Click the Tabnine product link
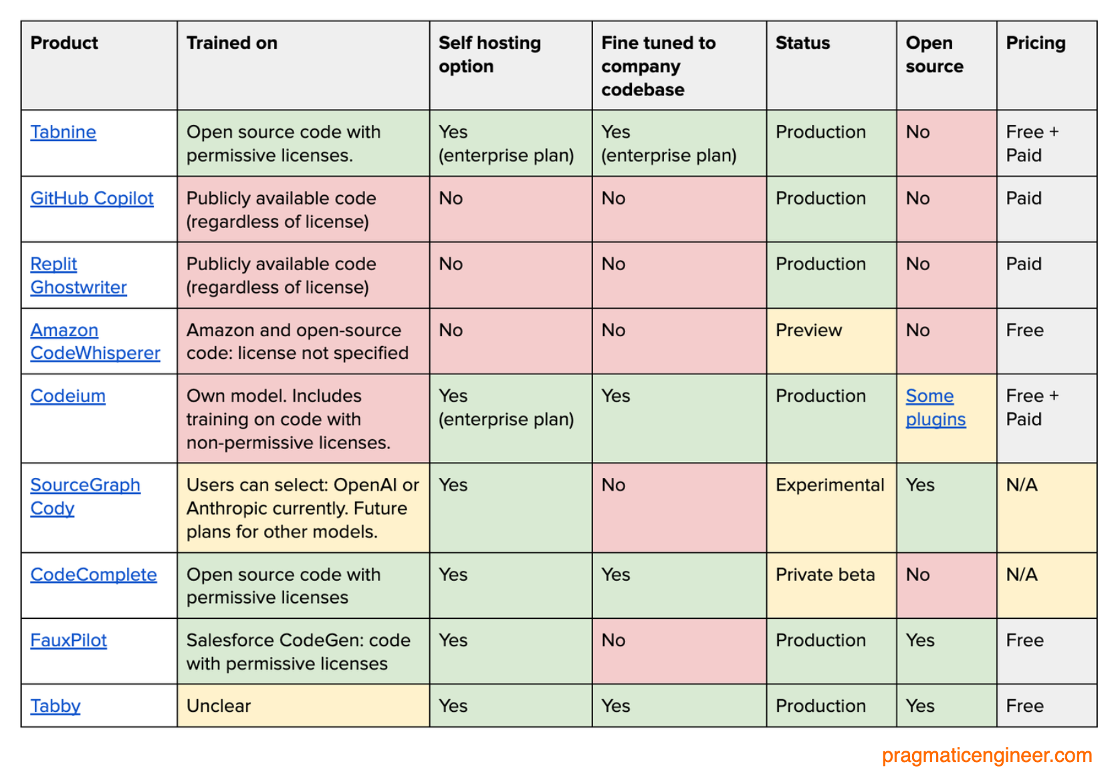64,132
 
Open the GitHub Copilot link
92,199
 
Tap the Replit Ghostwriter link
78,275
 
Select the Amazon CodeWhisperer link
95,342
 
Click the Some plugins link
935,408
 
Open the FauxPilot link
68,640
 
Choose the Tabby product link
55,706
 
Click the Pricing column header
1036,43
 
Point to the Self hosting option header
489,55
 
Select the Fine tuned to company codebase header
658,66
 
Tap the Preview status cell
808,330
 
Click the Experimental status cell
830,485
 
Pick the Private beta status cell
825,575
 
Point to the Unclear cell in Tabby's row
219,706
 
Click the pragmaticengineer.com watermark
986,755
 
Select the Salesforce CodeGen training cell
298,652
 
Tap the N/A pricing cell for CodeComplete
1022,575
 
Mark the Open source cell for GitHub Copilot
918,199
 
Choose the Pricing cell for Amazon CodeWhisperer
1024,330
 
